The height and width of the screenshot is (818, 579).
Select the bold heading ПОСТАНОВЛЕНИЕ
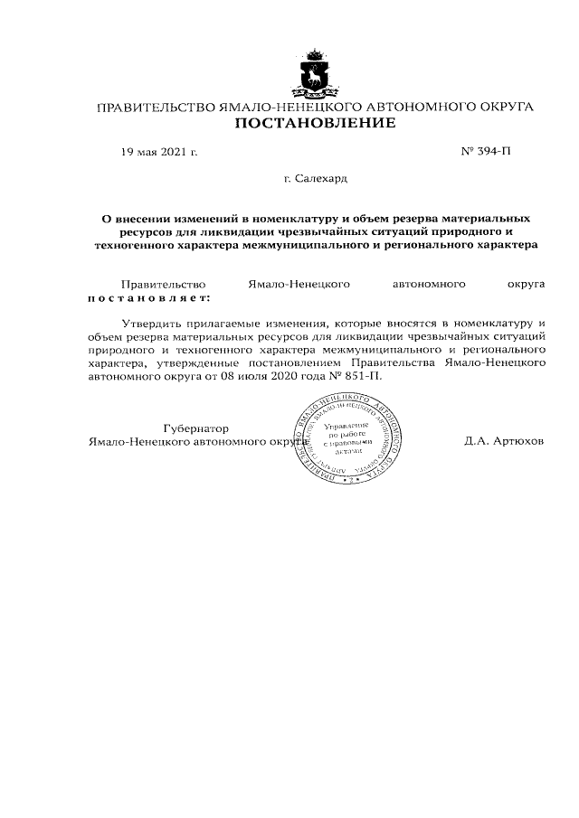click(315, 123)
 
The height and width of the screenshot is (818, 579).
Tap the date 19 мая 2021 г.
click(159, 152)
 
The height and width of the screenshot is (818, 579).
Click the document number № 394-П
click(486, 151)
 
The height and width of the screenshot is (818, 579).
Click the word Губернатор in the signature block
click(196, 428)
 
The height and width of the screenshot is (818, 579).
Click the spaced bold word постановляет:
click(147, 296)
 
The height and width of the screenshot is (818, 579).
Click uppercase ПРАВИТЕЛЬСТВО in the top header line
click(156, 107)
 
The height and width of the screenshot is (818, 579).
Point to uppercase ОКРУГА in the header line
click(505, 107)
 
